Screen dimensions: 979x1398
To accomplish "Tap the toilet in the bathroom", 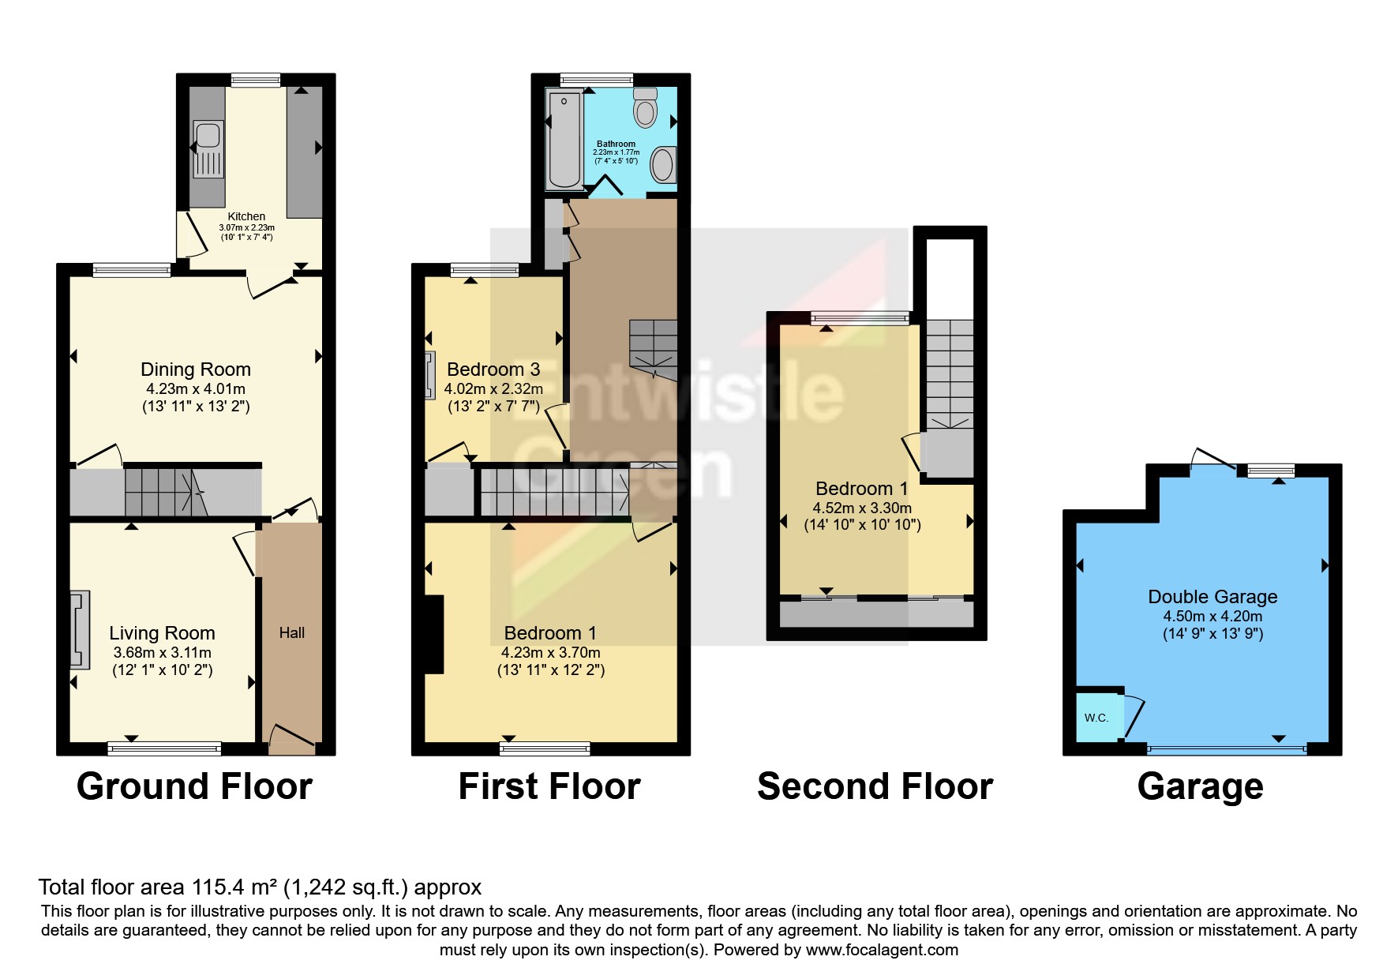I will pos(645,109).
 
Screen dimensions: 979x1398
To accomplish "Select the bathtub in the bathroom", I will pos(564,139).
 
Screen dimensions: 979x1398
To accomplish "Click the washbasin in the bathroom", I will pos(662,166).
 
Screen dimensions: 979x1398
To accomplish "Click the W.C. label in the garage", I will pos(1096,718).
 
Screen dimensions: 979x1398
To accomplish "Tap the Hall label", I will pos(291,632).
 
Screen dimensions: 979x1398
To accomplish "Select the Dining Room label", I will pos(196,369).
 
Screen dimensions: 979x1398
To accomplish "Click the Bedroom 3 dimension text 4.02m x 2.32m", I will pos(493,388).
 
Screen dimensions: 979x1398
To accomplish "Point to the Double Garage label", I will pos(1212,597).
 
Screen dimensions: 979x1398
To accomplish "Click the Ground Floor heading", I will pos(194,786).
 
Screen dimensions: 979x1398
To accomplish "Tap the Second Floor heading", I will pos(875,786).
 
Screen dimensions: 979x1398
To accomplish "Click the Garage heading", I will pos(1200,786).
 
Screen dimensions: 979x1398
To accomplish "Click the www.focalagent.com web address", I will pos(882,950).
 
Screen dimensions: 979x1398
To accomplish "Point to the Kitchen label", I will pos(246,216).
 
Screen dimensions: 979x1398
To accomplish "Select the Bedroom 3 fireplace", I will pos(430,375).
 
